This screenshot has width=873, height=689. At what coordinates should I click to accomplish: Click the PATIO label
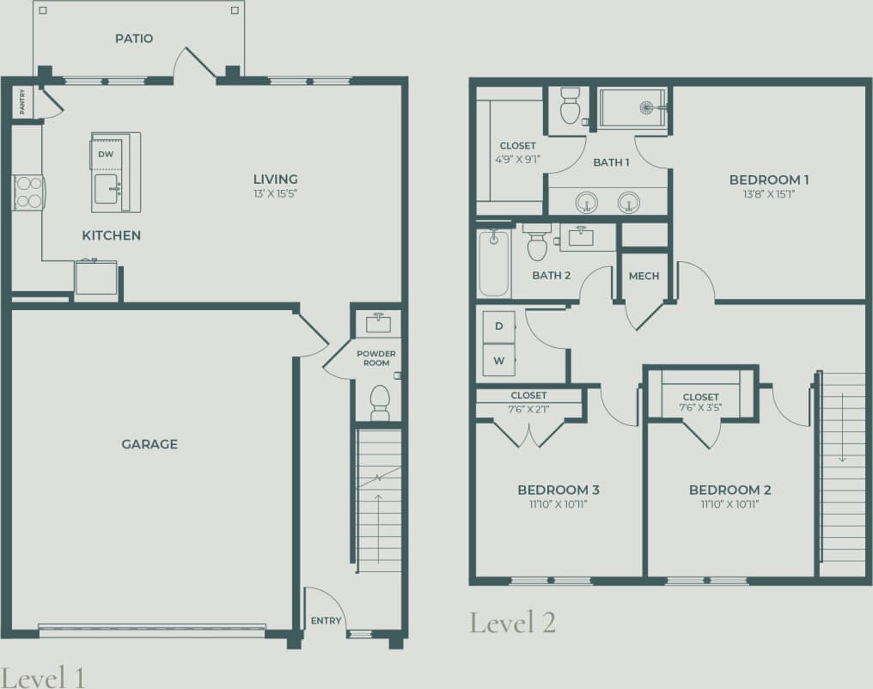134,39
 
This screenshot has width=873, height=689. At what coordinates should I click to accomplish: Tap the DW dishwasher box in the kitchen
106,154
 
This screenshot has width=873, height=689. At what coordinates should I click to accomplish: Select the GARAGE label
150,444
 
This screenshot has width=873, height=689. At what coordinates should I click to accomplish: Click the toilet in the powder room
379,402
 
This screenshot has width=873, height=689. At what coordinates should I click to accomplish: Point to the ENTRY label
326,621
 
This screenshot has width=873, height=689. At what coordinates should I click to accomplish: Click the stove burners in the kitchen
28,192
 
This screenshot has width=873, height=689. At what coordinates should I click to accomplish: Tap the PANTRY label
21,102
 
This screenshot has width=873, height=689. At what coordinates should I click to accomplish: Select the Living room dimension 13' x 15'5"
275,193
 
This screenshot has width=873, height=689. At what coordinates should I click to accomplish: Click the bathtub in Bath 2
494,261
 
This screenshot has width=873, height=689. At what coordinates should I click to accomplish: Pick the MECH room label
644,276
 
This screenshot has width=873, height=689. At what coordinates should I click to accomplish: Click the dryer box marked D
498,326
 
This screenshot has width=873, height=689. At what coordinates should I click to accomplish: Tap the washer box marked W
498,360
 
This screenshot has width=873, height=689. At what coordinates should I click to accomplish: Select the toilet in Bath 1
570,107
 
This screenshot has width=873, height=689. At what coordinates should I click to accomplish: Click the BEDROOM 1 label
769,180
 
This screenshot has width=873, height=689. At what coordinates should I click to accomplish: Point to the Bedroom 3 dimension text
558,504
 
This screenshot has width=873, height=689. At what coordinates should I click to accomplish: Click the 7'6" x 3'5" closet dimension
700,408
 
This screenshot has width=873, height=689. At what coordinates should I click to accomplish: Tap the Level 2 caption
512,622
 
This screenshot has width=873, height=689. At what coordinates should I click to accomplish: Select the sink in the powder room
378,323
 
